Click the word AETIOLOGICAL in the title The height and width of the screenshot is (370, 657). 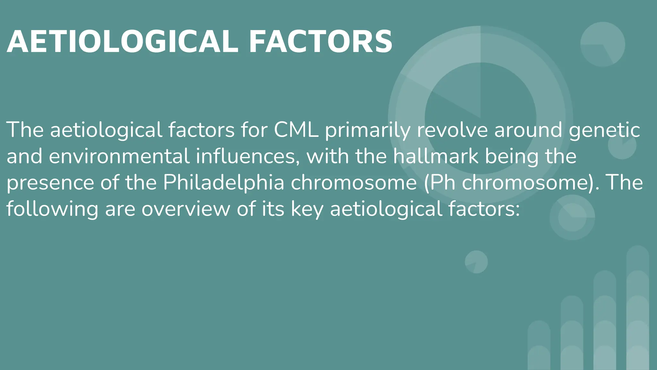coord(122,41)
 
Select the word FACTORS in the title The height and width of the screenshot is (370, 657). coord(320,41)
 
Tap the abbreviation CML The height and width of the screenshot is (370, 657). coord(296,130)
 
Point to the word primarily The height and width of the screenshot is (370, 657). coord(368,130)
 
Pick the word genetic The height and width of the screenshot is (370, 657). coord(604,130)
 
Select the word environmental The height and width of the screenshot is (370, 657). coord(119,156)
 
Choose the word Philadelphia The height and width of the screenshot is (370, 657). coord(224,182)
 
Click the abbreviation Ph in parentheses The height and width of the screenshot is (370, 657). coord(443,182)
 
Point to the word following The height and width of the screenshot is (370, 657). coord(52,209)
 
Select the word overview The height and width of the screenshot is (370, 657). coord(186,209)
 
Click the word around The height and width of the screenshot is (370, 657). coord(528,130)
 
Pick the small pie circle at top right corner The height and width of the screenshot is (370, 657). coord(602,44)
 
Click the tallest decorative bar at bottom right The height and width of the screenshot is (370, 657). coord(638,308)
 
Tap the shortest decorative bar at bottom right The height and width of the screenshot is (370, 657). coord(539,346)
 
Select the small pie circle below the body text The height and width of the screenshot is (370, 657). coord(476,262)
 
